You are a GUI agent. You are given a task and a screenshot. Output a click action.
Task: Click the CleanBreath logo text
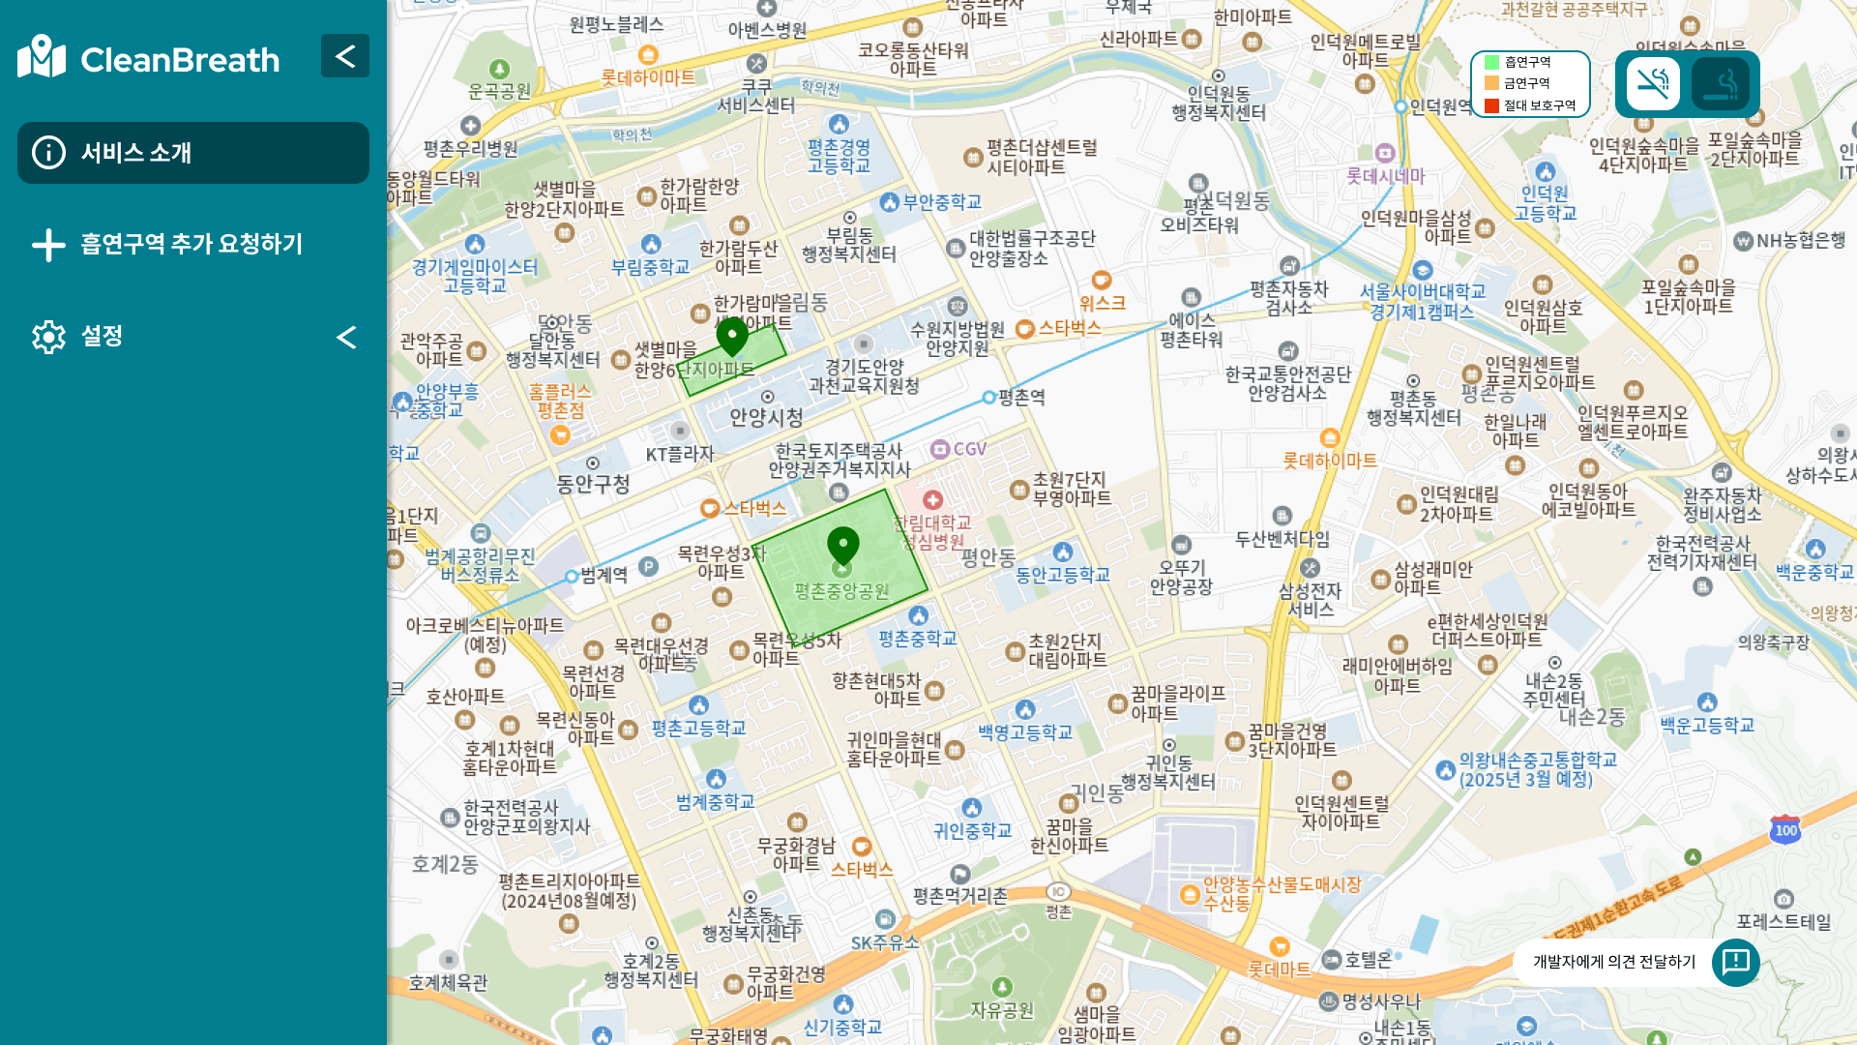[x=180, y=60]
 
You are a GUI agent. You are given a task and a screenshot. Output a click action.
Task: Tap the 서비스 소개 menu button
[x=193, y=153]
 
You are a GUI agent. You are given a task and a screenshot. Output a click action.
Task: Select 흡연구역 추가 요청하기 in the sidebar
[x=192, y=244]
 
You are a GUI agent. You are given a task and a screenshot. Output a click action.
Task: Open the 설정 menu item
[x=102, y=336]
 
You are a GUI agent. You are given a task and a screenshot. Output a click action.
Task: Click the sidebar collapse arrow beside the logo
[x=345, y=56]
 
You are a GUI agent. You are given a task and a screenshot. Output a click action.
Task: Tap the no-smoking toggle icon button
[x=1653, y=84]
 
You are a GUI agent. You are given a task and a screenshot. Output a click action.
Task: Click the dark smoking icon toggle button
[x=1721, y=84]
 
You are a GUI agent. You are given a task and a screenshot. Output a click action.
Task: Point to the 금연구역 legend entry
[x=1527, y=84]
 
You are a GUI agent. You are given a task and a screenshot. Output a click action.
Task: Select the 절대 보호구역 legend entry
[x=1539, y=105]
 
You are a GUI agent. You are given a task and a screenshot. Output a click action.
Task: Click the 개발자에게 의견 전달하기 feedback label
[x=1614, y=962]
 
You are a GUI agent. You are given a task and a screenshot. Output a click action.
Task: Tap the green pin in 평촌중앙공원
[x=843, y=546]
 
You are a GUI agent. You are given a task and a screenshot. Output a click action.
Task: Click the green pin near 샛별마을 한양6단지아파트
[x=732, y=337]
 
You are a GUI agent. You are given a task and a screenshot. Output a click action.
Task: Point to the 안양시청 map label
[x=766, y=418]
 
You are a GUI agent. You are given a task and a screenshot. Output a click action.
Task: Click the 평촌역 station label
[x=1021, y=398]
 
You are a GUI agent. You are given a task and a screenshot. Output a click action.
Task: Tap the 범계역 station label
[x=604, y=576]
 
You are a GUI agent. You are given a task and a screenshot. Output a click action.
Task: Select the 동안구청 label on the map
[x=593, y=484]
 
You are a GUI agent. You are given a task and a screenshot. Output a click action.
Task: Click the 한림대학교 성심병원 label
[x=932, y=532]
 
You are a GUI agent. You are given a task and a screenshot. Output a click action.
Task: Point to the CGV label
[x=969, y=449]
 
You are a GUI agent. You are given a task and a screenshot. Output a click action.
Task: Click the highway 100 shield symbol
[x=1785, y=830]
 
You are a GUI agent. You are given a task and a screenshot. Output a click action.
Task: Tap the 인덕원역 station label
[x=1439, y=106]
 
